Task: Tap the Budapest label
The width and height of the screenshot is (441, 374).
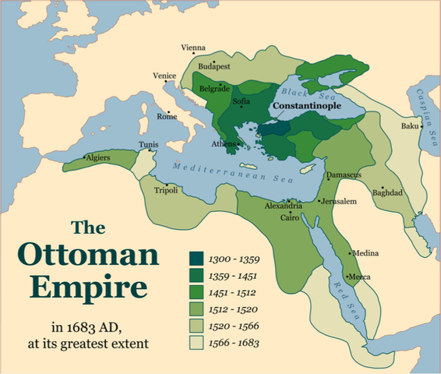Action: (215, 67)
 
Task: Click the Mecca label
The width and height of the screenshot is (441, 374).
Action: (359, 277)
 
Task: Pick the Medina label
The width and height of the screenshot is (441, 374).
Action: (365, 254)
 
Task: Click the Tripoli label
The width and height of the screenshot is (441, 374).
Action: (166, 190)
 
